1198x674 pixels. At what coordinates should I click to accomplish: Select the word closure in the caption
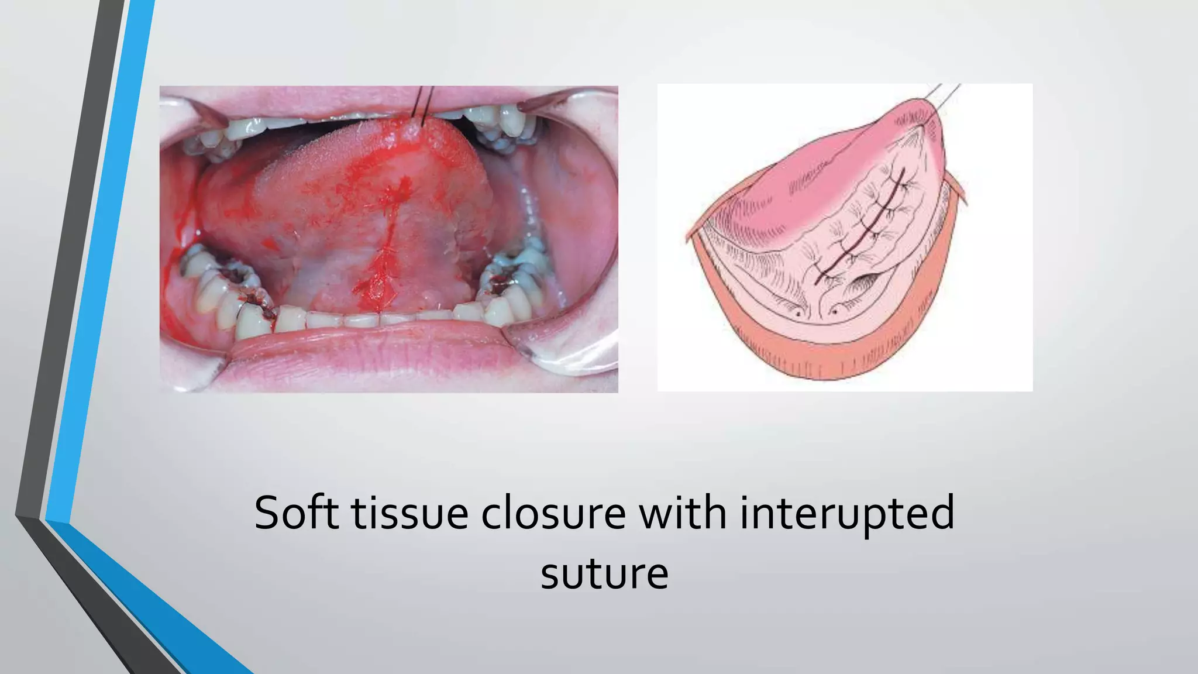553,513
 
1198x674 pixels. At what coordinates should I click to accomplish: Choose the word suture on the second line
604,574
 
